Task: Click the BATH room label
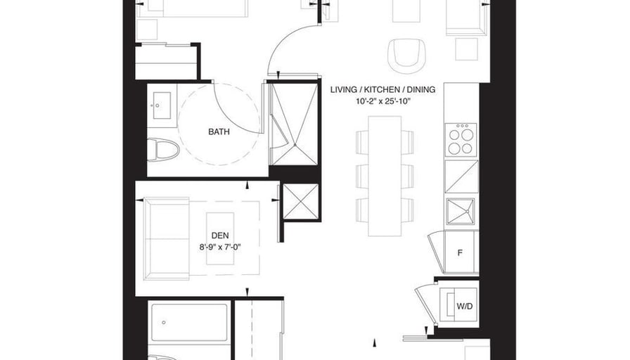click(219, 131)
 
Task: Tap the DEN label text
click(220, 236)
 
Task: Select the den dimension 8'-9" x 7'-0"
click(220, 247)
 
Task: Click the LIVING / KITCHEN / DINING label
click(382, 89)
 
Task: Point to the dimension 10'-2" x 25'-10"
click(382, 101)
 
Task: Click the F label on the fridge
click(460, 253)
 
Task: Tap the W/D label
click(465, 306)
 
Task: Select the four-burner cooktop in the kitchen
click(461, 140)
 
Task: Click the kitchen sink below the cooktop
click(461, 212)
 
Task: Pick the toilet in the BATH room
click(163, 150)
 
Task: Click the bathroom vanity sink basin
click(162, 105)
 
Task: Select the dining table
click(385, 176)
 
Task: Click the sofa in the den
click(167, 238)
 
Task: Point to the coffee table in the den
click(220, 238)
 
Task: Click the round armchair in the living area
click(406, 56)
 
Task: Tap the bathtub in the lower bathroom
click(189, 323)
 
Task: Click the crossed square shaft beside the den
click(300, 201)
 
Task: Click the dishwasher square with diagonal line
click(462, 176)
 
